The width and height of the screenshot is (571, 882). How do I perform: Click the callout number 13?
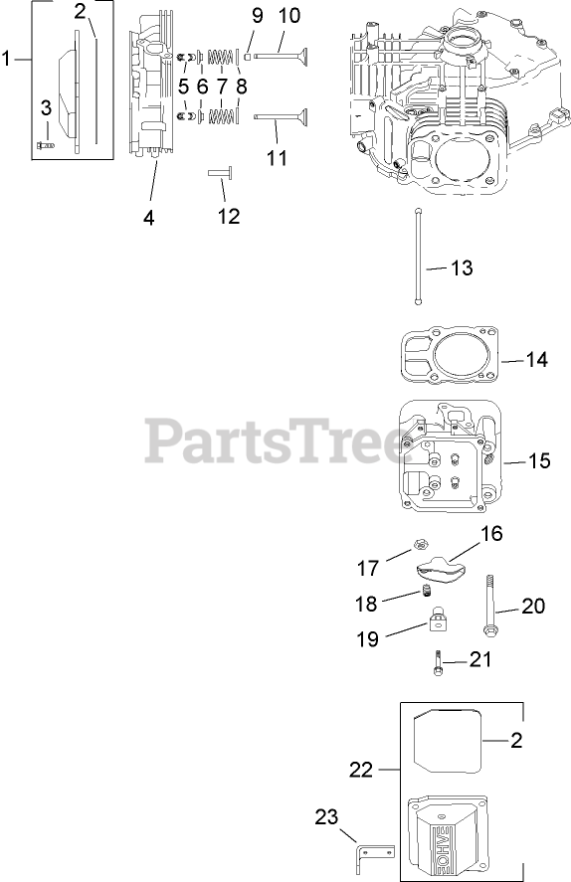462,267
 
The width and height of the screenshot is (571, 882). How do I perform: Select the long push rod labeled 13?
418,257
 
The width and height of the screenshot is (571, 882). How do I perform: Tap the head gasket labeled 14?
450,357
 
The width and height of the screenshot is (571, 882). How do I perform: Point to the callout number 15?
538,460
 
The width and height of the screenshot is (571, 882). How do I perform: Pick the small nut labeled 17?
419,544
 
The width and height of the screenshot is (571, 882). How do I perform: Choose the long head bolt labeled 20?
489,607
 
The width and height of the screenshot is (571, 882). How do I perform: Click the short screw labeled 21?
437,662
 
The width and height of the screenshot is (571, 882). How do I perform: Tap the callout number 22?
361,769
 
